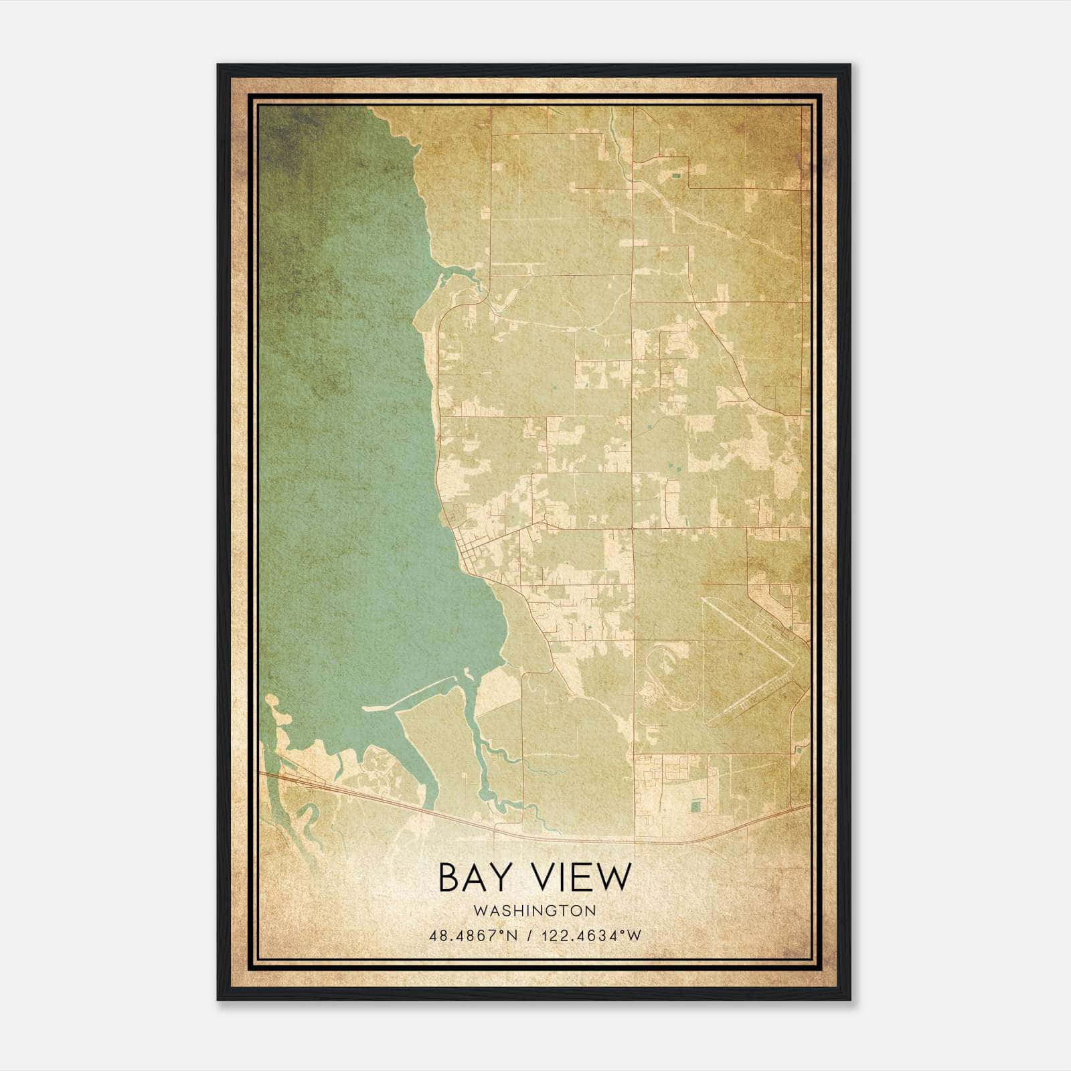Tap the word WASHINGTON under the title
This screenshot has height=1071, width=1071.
(x=534, y=910)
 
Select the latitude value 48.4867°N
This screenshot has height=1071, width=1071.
(x=473, y=936)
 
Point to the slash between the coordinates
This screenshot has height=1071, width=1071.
(x=530, y=936)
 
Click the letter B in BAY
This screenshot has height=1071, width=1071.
(x=449, y=877)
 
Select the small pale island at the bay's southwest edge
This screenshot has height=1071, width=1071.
(x=271, y=701)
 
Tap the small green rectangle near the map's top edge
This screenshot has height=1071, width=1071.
(x=677, y=175)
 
